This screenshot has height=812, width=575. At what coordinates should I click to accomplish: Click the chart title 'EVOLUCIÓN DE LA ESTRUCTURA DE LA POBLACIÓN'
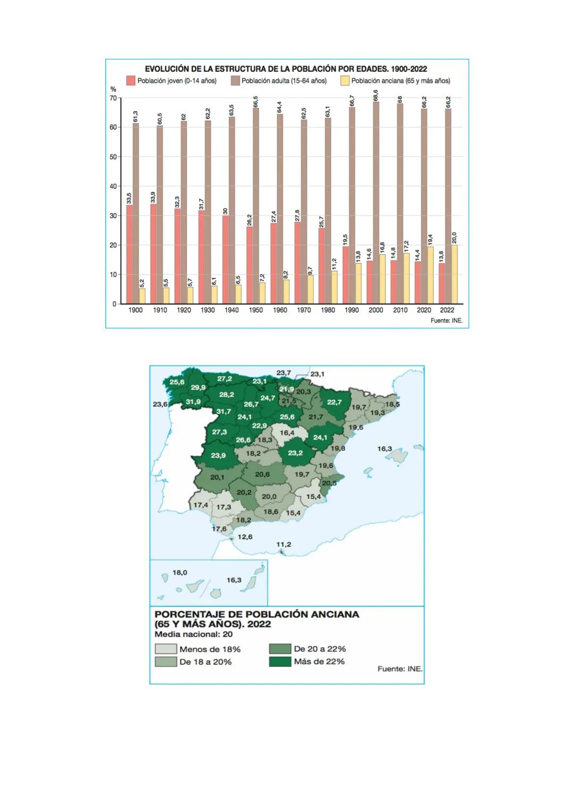(286, 69)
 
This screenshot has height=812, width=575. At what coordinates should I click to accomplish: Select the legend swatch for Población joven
(131, 81)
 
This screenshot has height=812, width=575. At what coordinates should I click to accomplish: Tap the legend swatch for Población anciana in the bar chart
(345, 81)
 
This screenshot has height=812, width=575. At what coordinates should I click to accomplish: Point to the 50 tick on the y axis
(113, 157)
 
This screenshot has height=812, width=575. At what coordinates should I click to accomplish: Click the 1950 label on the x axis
(256, 310)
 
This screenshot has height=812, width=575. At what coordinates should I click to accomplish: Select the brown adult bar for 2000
(376, 203)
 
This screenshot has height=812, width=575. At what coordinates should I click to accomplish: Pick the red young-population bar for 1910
(154, 254)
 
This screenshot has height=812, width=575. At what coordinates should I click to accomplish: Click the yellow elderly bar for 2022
(454, 274)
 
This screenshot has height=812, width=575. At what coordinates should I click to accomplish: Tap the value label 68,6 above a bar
(376, 95)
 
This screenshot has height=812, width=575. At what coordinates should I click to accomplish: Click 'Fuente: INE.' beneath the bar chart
(447, 321)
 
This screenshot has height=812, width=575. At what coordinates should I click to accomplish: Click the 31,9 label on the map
(193, 402)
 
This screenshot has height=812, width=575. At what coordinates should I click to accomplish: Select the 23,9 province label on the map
(218, 455)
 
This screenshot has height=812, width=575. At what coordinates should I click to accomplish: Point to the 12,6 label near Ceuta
(245, 537)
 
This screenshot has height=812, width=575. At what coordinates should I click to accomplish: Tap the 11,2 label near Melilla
(284, 545)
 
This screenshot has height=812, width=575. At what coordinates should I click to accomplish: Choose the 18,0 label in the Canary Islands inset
(180, 573)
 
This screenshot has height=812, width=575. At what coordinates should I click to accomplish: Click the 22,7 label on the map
(334, 402)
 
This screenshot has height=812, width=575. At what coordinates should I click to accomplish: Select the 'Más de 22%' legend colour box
(280, 662)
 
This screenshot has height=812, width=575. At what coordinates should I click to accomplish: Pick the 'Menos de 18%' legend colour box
(166, 649)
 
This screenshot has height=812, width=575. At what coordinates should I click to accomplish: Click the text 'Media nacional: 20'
(193, 634)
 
